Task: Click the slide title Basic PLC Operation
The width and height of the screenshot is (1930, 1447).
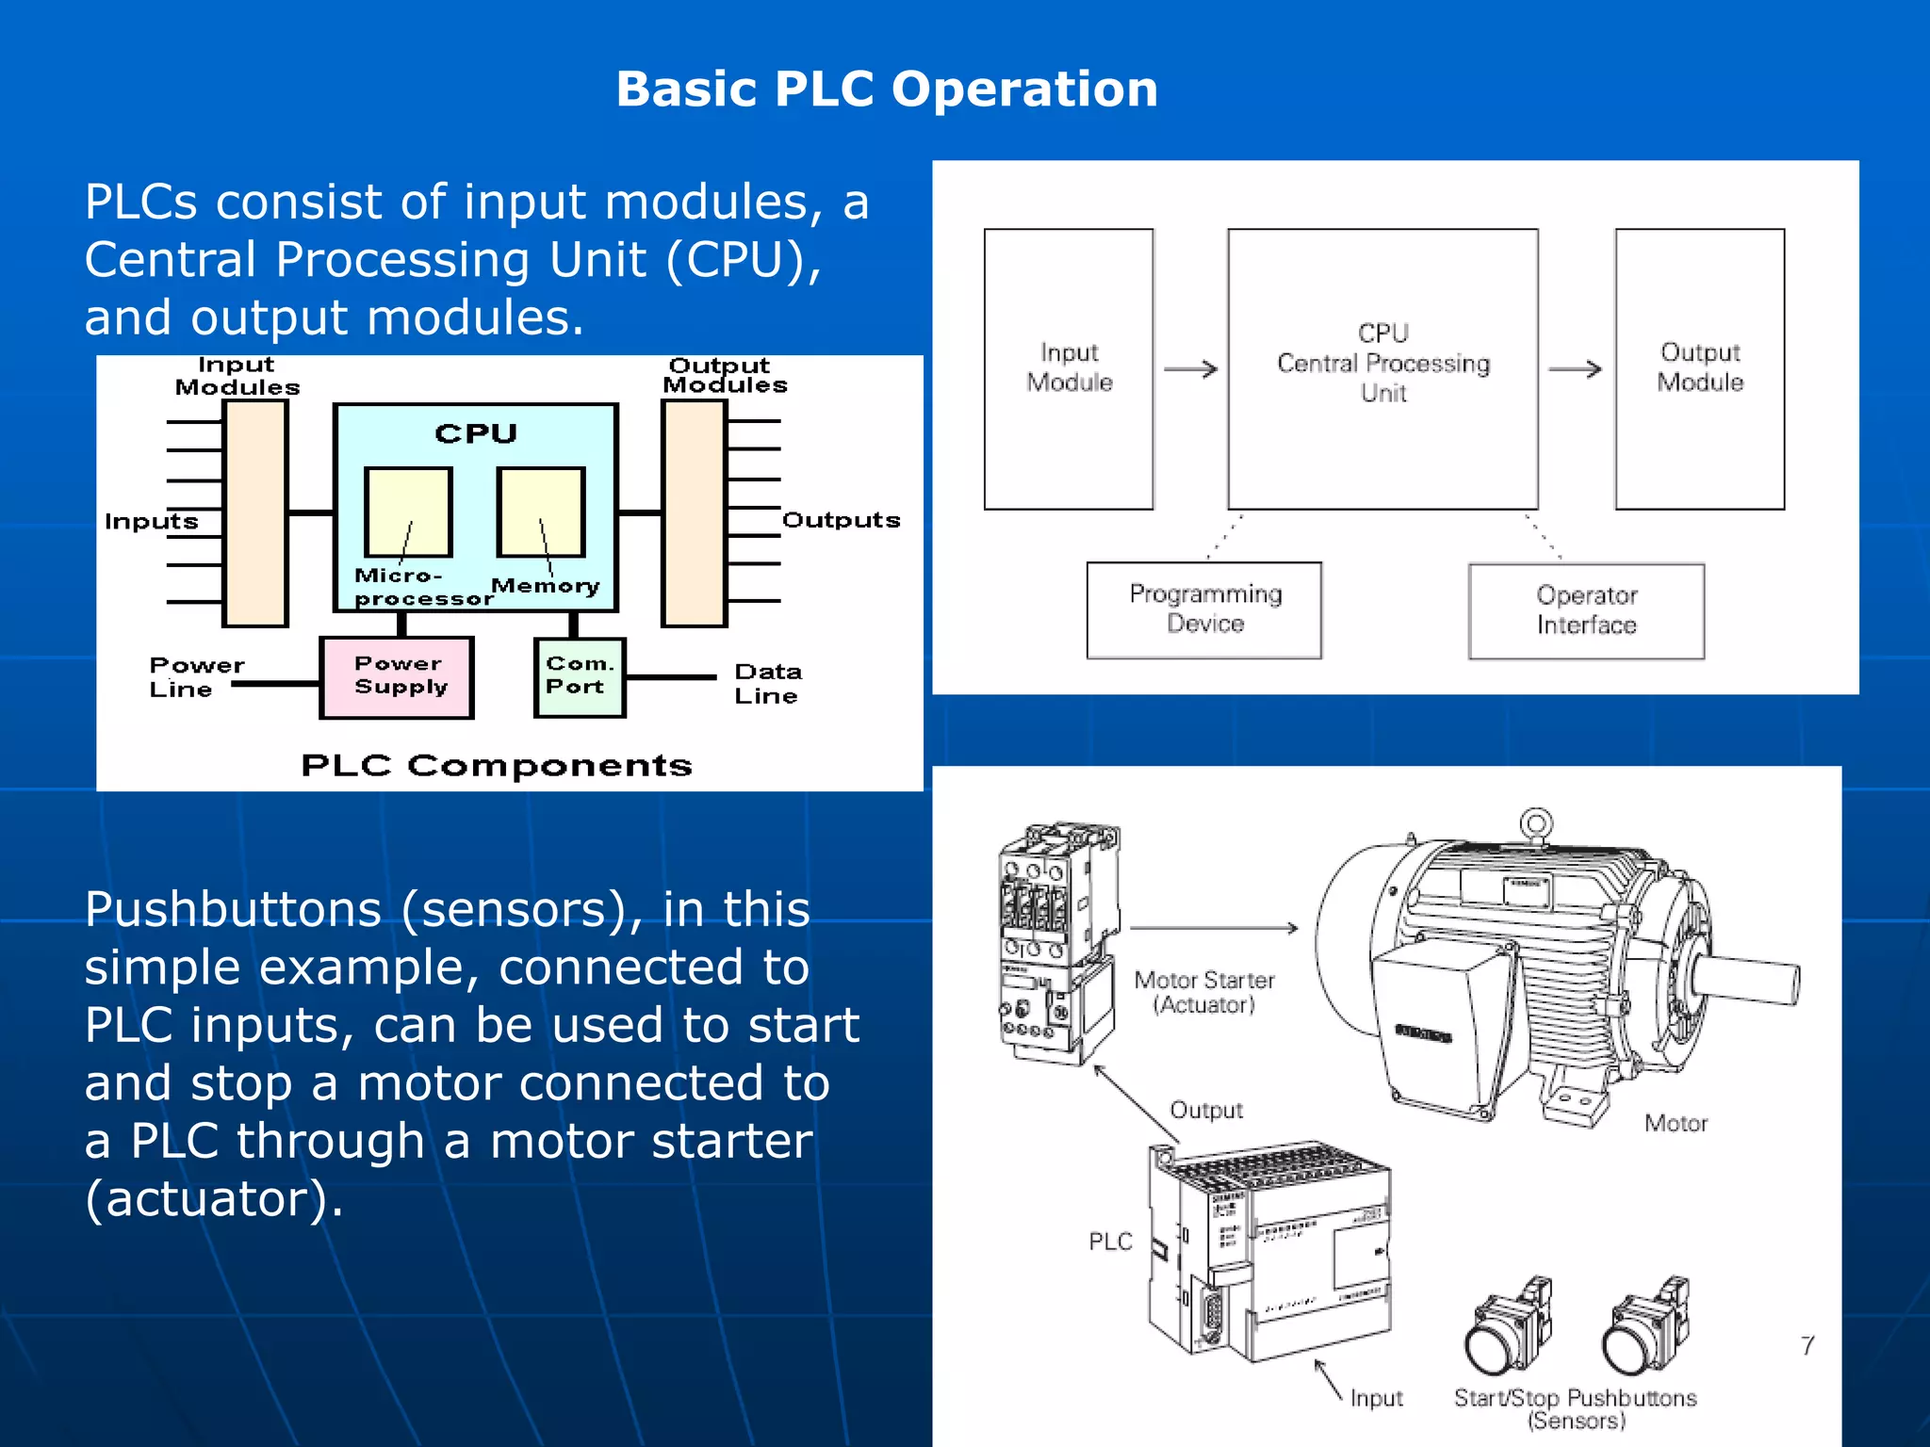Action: (886, 89)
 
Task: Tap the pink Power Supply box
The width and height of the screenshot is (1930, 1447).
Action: (397, 676)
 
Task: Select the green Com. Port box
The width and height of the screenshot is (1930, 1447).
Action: (579, 676)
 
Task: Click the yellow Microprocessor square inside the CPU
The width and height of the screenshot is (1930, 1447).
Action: (408, 512)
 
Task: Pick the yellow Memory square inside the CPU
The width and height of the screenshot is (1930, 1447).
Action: (541, 512)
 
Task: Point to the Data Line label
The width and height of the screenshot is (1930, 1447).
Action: (767, 684)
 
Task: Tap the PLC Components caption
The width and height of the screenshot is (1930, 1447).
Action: (496, 765)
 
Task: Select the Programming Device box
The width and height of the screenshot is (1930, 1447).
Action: (1203, 610)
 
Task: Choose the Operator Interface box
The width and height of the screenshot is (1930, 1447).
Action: (1586, 610)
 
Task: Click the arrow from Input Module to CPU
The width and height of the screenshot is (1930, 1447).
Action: (1190, 369)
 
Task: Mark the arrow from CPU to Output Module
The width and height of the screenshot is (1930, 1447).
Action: (1575, 369)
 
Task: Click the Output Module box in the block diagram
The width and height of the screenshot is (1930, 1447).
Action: (1699, 368)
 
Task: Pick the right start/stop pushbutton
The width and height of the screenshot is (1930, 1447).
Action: (1644, 1328)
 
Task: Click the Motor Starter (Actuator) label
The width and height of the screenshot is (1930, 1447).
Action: (1203, 992)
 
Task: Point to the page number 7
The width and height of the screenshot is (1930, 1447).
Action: (1807, 1345)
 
